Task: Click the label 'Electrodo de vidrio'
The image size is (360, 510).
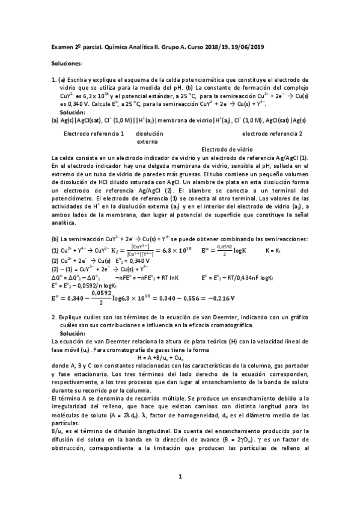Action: pyautogui.click(x=227, y=149)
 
